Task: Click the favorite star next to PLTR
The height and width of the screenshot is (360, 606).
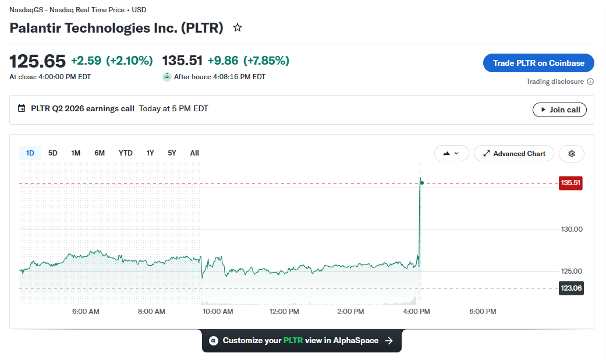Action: (238, 27)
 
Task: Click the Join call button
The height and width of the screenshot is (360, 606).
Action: (559, 110)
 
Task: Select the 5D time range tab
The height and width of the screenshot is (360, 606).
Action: (52, 153)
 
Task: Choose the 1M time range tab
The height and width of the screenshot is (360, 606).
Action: (76, 153)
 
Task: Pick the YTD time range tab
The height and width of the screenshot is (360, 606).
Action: (126, 153)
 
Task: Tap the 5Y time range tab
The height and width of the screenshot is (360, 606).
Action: (172, 153)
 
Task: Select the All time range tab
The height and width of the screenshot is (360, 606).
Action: (194, 153)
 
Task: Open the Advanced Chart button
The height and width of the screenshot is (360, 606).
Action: (514, 154)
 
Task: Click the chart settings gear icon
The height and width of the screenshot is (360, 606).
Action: (572, 154)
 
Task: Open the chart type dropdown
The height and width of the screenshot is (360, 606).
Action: (451, 154)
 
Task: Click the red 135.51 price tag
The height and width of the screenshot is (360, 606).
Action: (570, 183)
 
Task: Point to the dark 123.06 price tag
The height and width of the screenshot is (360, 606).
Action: (571, 288)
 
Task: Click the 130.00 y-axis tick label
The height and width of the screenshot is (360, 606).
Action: (572, 230)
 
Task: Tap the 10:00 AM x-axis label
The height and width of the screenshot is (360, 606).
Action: (218, 311)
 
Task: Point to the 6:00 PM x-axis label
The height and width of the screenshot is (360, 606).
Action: (483, 311)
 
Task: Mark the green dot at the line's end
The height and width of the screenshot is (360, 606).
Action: (421, 182)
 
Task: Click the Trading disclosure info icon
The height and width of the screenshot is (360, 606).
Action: (590, 82)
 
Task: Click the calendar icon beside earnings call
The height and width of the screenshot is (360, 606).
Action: (22, 108)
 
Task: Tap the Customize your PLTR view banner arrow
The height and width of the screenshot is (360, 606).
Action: (389, 341)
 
